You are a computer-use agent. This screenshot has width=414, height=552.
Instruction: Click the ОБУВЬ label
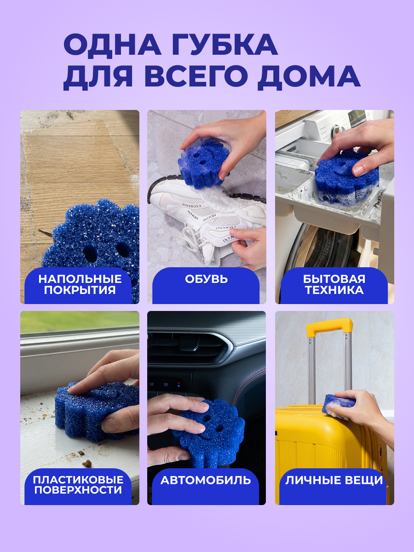coord(206,279)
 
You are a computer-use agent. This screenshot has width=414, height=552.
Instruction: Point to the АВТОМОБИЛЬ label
coord(206,480)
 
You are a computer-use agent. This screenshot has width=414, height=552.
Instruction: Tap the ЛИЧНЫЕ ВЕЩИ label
coord(334,480)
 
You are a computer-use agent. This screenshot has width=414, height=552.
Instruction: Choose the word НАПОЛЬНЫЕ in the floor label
coord(80,279)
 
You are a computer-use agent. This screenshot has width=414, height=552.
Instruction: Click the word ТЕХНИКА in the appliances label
coord(334,290)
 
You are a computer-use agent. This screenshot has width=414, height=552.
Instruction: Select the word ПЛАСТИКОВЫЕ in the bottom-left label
coord(78,480)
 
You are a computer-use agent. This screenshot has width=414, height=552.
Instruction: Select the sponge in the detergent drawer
coord(346,177)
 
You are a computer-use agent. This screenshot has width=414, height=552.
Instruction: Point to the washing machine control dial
coord(336,130)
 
